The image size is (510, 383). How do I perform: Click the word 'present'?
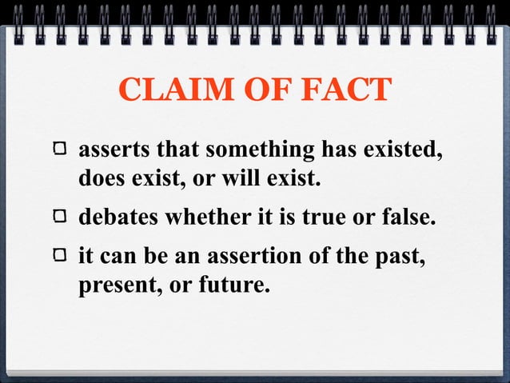tap(113, 285)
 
